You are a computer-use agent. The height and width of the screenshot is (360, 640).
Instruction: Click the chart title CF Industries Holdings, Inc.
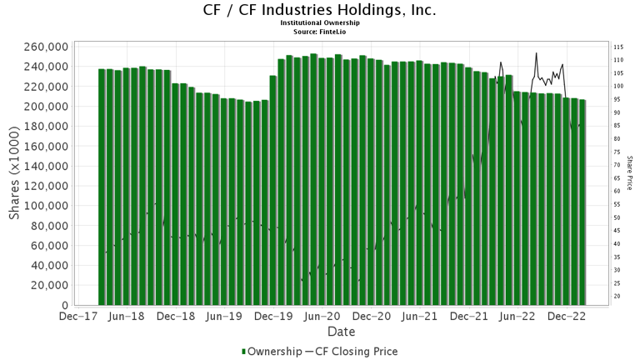point(319,11)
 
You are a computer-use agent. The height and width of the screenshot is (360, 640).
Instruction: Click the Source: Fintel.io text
point(319,31)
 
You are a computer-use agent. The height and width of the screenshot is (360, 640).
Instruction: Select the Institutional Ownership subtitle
point(319,23)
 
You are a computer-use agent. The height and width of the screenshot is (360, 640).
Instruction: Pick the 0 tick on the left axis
point(64,305)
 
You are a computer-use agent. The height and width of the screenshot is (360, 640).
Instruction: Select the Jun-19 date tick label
point(223,317)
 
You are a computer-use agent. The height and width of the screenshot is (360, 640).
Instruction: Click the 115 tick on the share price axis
point(619,47)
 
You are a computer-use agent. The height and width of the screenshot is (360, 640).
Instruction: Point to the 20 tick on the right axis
point(617,296)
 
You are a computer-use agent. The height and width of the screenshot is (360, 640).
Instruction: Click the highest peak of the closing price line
point(536,53)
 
